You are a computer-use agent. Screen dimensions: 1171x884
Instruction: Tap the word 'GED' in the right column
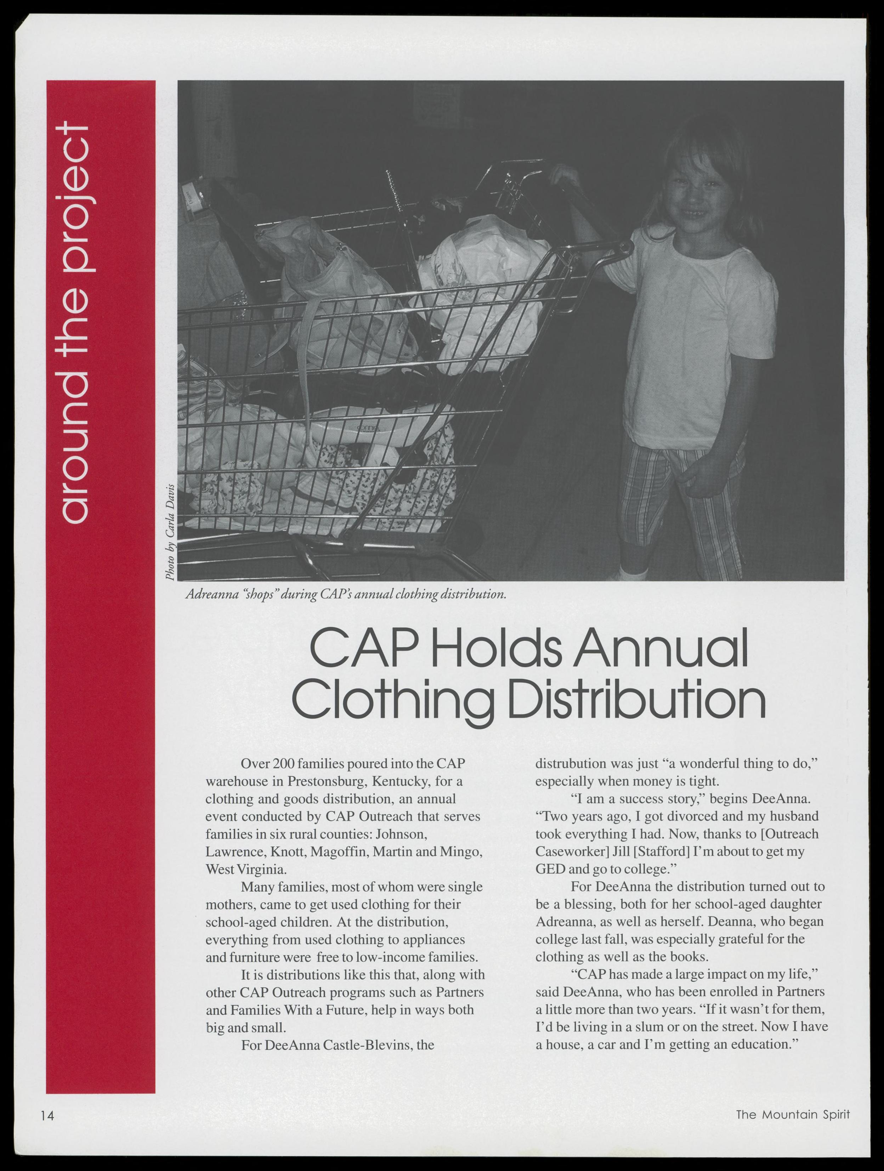tap(549, 869)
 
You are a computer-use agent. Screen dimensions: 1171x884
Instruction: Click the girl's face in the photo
tap(699, 193)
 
